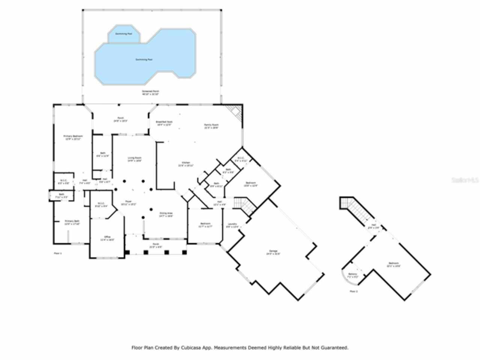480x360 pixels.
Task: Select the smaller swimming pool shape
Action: tap(124, 34)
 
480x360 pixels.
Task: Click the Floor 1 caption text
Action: tap(58, 253)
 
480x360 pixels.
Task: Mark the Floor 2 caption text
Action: tap(354, 291)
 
